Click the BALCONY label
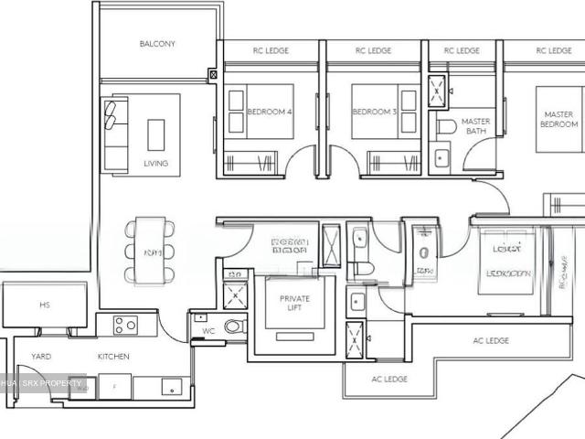(157, 44)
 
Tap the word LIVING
(155, 164)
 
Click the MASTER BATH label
(475, 126)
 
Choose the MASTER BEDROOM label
(558, 120)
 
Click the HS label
(44, 305)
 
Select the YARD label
(41, 357)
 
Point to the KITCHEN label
(113, 357)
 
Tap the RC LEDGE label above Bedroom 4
(271, 51)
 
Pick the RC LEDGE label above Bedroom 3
(374, 51)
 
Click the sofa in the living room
(115, 135)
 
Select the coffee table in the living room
(156, 134)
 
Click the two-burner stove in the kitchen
(125, 325)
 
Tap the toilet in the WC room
(234, 326)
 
